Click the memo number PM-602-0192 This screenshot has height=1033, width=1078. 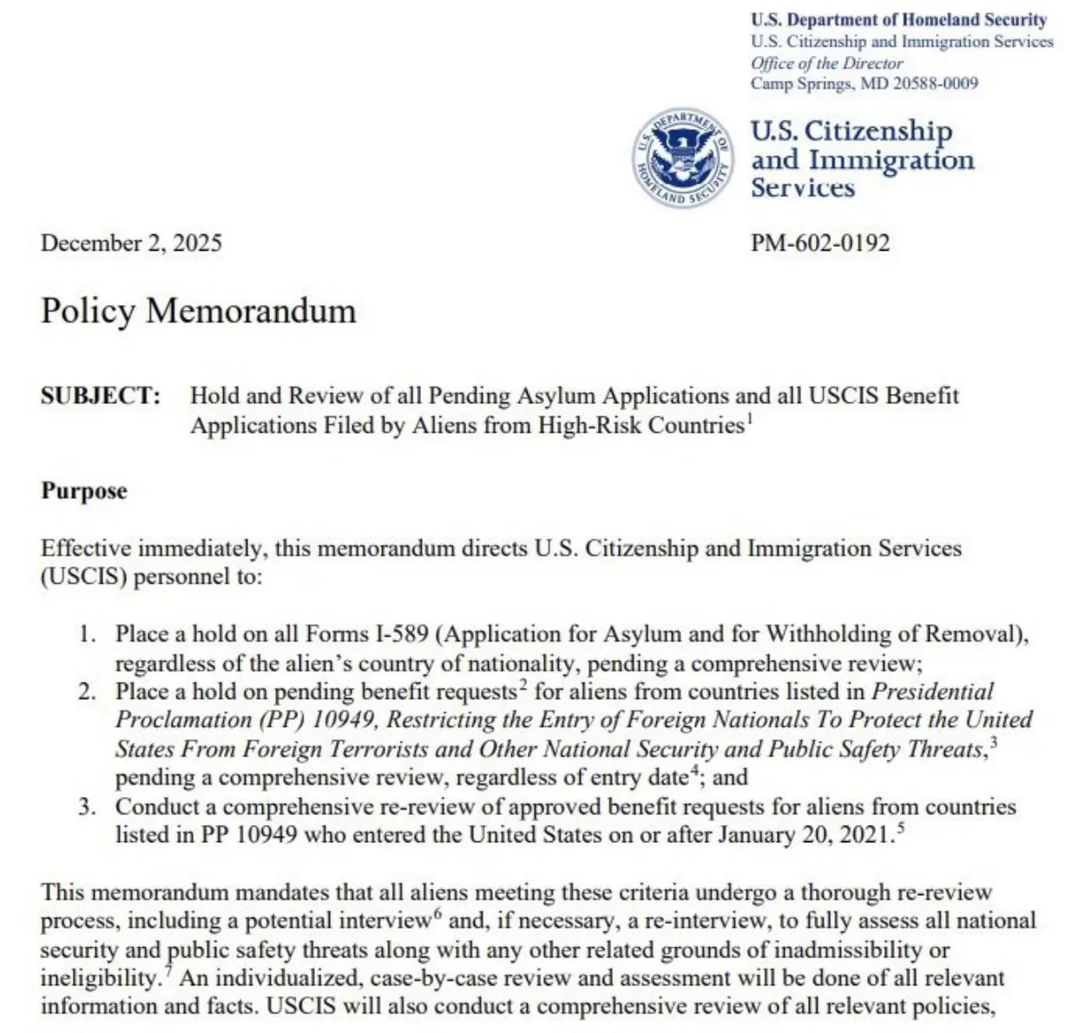coord(819,243)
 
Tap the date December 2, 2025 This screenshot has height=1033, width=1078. coord(131,243)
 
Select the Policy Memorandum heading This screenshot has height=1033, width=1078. coord(199,311)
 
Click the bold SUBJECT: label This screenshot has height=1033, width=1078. coord(100,396)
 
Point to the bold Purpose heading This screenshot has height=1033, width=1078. coord(84,491)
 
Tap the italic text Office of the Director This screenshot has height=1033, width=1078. coord(826,63)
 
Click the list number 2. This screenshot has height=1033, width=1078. coord(87,692)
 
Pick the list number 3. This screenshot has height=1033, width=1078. coord(87,807)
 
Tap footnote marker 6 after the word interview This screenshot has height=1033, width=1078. coord(438,913)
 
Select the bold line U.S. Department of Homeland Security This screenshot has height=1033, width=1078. coord(899,20)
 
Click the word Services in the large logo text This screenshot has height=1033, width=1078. coord(803,188)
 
